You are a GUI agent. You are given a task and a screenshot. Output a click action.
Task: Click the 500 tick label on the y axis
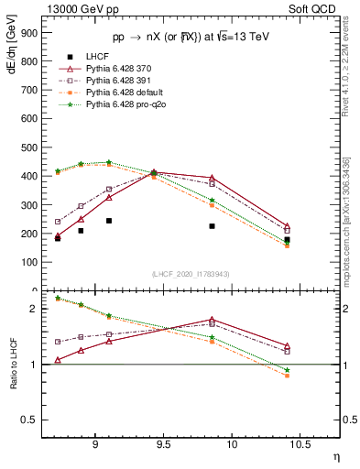(x=29, y=147)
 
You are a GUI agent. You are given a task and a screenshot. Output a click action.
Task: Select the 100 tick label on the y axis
(x=29, y=262)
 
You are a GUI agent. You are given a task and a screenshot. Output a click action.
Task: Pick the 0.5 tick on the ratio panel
(x=32, y=420)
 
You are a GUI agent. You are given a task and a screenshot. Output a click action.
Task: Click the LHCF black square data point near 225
(x=212, y=225)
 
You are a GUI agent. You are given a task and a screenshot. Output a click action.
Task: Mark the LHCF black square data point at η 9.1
(x=108, y=221)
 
